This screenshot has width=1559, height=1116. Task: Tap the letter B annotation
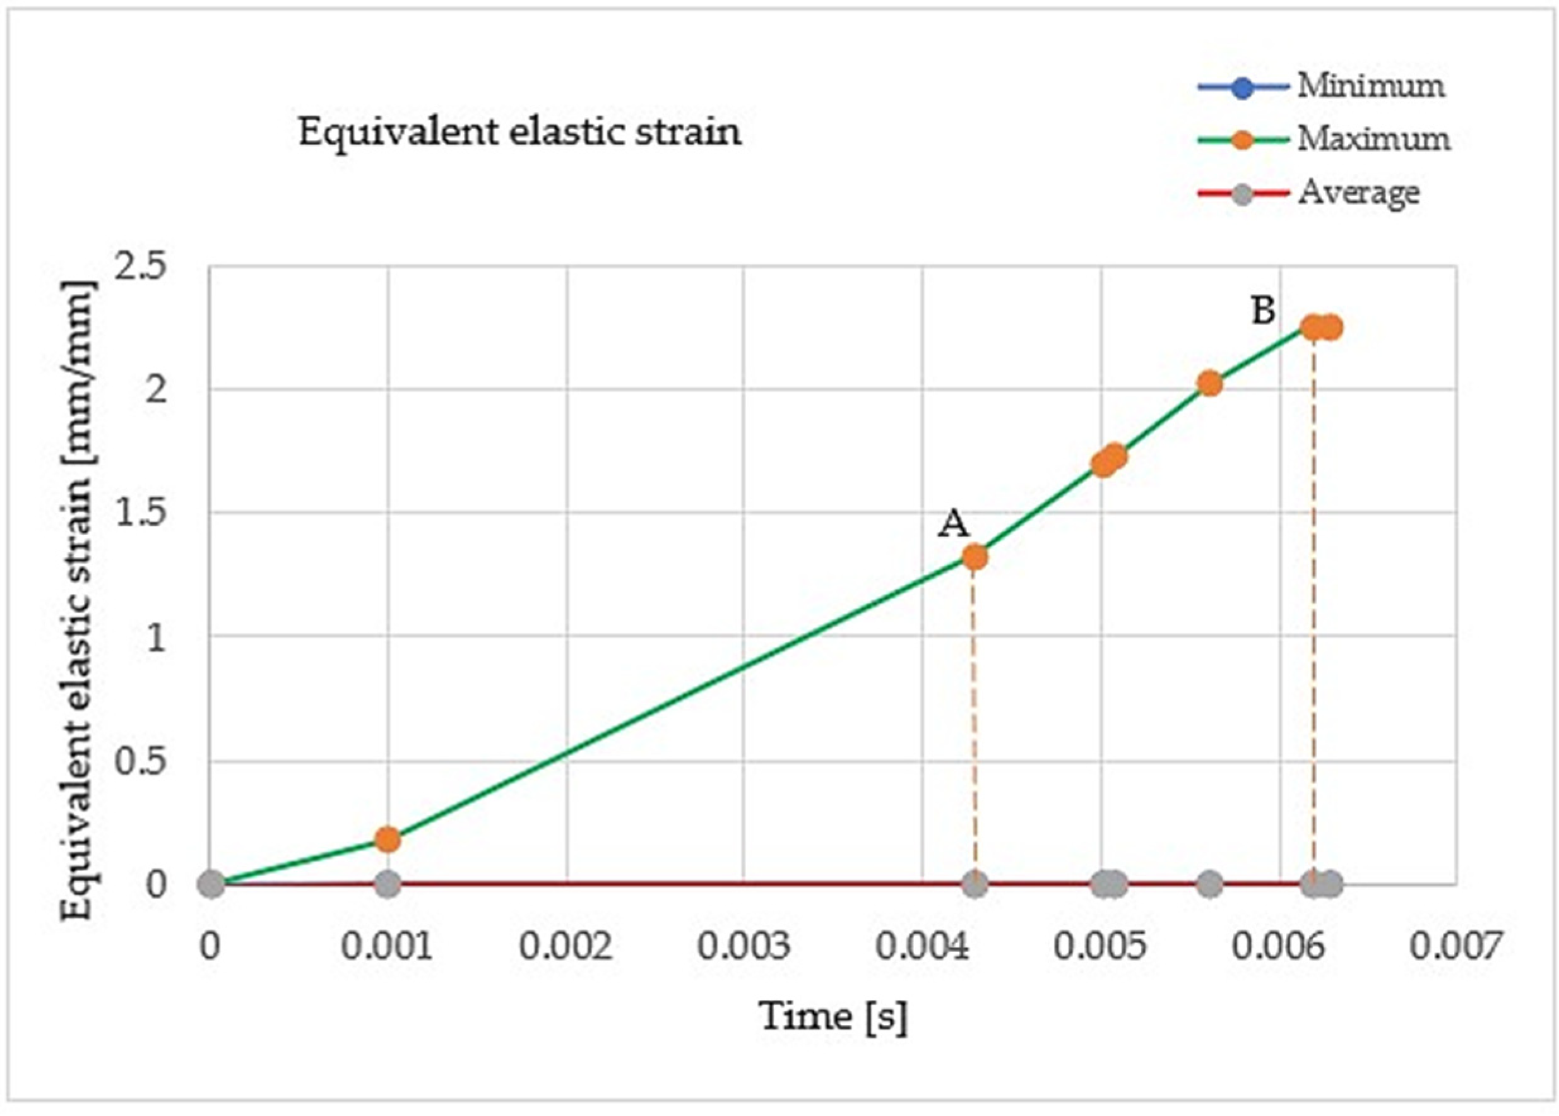pos(1263,311)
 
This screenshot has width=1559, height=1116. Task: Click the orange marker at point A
pos(975,558)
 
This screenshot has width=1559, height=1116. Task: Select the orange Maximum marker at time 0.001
pos(388,840)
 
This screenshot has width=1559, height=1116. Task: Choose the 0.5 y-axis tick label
pos(140,761)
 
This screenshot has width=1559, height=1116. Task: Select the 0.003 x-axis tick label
pos(744,947)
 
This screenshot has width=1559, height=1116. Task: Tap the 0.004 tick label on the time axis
pos(922,947)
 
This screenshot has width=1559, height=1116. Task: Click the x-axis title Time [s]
pos(833,1016)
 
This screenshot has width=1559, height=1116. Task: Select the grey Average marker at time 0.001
pos(388,884)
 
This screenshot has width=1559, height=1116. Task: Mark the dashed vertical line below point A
pos(975,721)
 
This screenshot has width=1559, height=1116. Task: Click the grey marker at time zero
pos(211,884)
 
